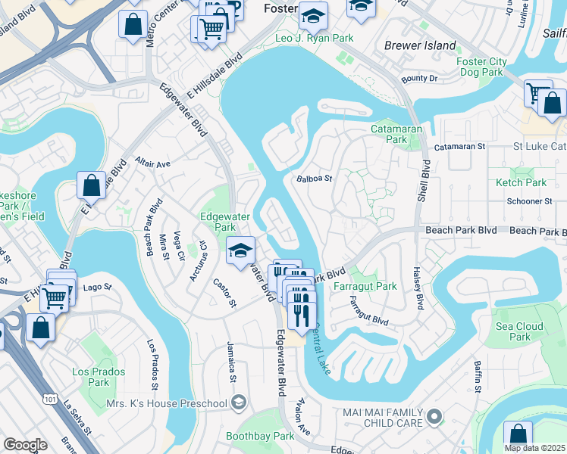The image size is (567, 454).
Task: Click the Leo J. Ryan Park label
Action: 313,38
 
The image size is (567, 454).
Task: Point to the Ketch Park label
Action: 521,182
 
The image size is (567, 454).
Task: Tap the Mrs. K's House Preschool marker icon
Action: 240,401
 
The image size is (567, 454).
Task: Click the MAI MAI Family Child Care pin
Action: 434,415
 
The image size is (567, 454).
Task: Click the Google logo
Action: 25,445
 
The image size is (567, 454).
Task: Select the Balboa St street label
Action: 314,179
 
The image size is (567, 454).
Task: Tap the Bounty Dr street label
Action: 420,79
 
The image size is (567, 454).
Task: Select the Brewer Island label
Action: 421,45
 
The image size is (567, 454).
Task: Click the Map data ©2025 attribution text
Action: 534,448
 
